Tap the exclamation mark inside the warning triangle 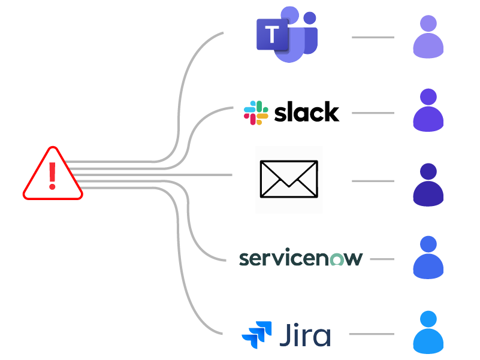click(x=53, y=173)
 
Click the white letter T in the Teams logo click(x=273, y=35)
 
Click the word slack click(x=306, y=112)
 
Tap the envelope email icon click(x=288, y=179)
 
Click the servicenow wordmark click(x=301, y=259)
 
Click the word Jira click(x=304, y=334)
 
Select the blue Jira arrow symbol click(x=256, y=335)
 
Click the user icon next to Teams click(x=428, y=37)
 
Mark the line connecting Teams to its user click(x=373, y=37)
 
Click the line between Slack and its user click(x=373, y=113)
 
